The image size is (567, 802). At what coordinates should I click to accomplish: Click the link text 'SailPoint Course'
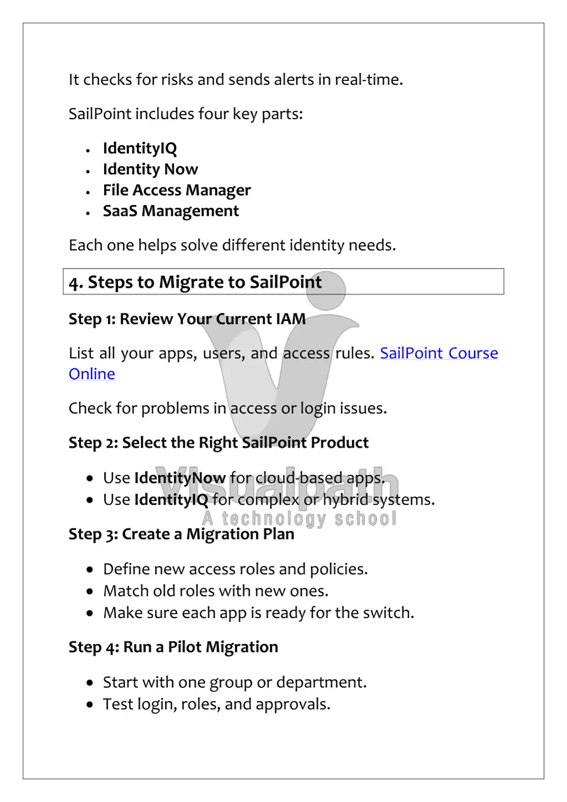[x=439, y=353]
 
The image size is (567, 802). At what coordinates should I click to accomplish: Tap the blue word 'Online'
[x=92, y=374]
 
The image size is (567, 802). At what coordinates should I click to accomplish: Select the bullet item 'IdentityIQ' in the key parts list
[x=140, y=148]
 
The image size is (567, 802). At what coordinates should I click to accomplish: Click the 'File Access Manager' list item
[x=177, y=191]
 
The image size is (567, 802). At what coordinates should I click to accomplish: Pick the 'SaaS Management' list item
[x=171, y=212]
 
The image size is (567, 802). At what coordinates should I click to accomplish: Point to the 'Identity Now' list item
[x=150, y=169]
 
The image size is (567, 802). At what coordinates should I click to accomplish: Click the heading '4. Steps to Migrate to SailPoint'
[x=195, y=282]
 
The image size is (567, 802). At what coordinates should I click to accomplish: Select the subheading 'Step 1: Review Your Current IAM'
[x=187, y=320]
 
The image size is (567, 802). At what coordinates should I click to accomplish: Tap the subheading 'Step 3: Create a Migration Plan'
[x=181, y=534]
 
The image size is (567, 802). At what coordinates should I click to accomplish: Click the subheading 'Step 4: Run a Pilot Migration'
[x=173, y=647]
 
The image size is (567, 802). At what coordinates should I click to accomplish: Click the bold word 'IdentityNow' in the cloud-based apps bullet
[x=179, y=478]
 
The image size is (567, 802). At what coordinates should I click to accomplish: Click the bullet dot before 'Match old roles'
[x=90, y=592]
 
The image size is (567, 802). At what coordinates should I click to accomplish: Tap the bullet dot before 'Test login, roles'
[x=90, y=705]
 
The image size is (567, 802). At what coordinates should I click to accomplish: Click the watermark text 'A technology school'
[x=300, y=519]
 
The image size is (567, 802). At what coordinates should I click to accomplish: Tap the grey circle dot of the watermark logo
[x=326, y=290]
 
